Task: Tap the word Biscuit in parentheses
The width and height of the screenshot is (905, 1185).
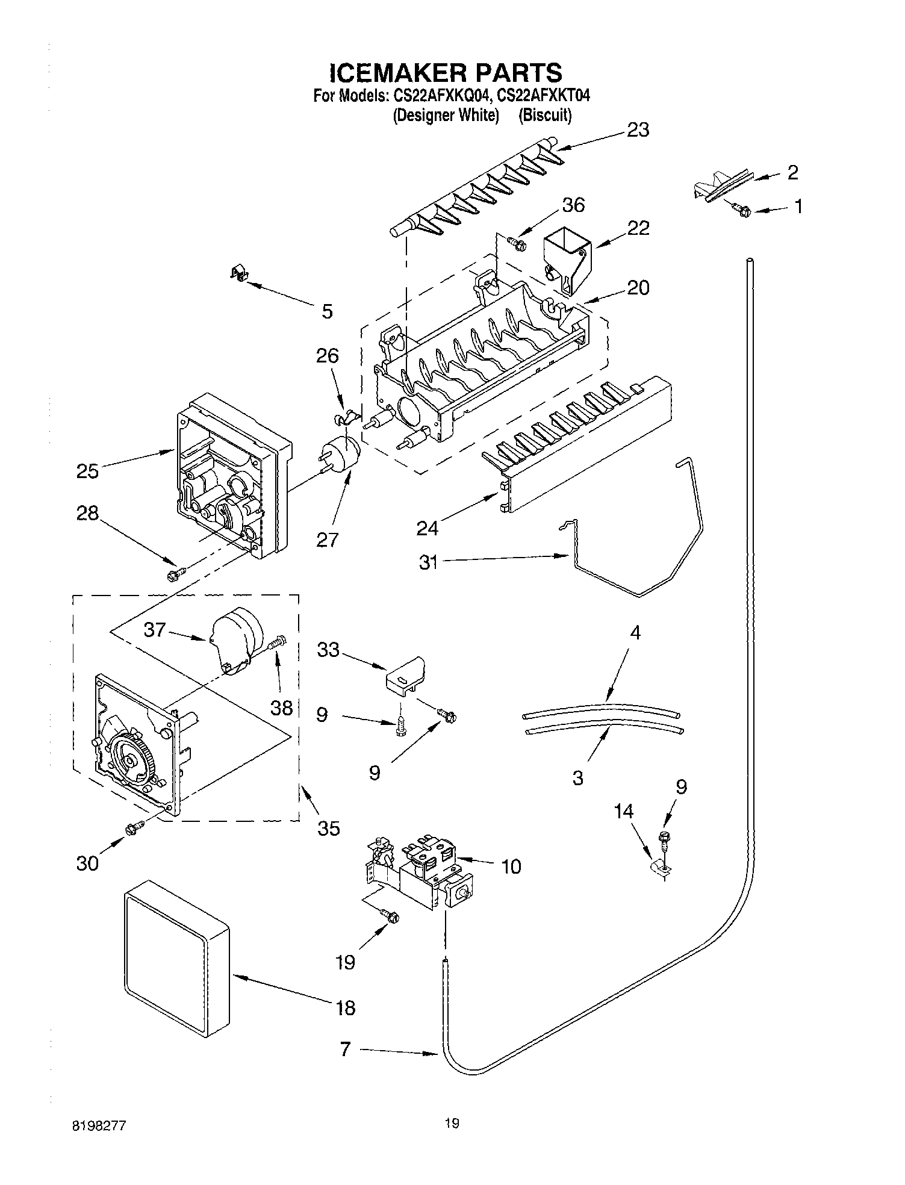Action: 545,115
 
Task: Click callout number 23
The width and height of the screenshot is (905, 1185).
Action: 638,131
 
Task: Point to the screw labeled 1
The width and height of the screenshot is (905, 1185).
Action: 743,210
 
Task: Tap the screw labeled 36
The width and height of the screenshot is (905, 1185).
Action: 517,243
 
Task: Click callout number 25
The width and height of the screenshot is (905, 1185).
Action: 87,471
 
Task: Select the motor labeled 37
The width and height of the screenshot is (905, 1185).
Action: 237,639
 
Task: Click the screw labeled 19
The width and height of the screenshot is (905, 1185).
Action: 391,916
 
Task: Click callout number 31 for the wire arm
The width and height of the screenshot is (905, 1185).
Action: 428,563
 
